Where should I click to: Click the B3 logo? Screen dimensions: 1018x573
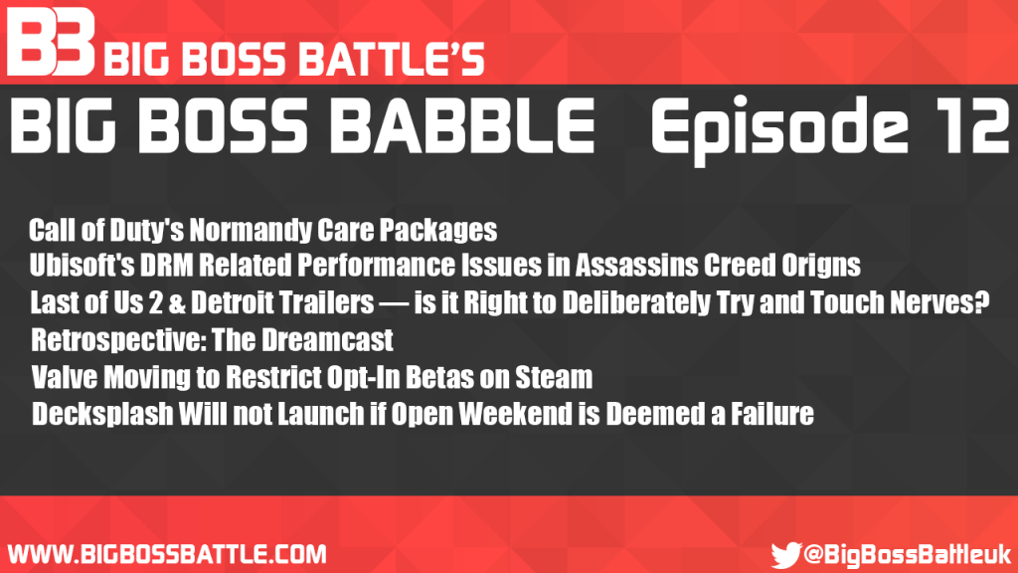click(x=51, y=42)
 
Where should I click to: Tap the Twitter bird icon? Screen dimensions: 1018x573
click(x=785, y=555)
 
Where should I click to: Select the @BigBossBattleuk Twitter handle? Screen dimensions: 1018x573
click(x=908, y=555)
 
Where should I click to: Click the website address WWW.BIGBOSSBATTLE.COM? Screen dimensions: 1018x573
click(x=167, y=555)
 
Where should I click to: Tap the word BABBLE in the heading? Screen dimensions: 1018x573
click(x=461, y=125)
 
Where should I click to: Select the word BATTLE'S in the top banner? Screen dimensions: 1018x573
click(x=391, y=59)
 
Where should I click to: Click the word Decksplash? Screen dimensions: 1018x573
click(x=102, y=415)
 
